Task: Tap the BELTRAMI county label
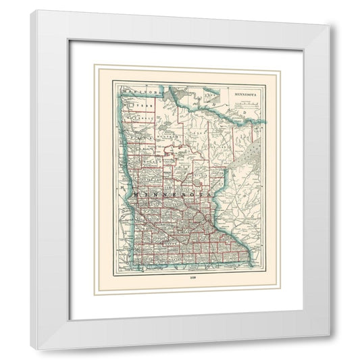coord(165,135)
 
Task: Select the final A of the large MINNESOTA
coord(219,195)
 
